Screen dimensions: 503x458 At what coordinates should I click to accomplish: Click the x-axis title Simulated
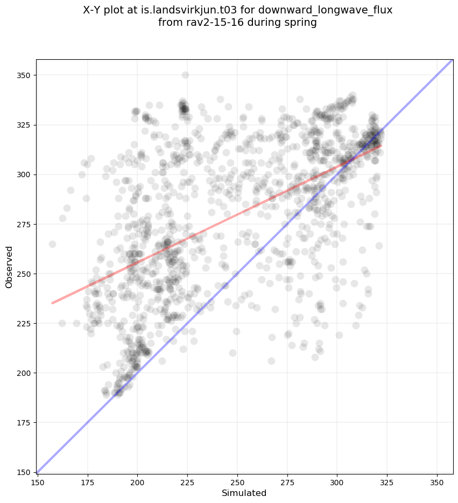[244, 493]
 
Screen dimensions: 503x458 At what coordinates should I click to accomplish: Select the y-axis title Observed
[9, 267]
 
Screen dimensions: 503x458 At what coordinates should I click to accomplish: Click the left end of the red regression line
[52, 303]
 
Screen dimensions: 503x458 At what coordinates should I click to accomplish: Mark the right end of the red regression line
[381, 145]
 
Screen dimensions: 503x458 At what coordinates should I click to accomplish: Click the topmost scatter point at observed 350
[185, 75]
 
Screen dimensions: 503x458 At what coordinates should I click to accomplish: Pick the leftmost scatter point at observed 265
[52, 244]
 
